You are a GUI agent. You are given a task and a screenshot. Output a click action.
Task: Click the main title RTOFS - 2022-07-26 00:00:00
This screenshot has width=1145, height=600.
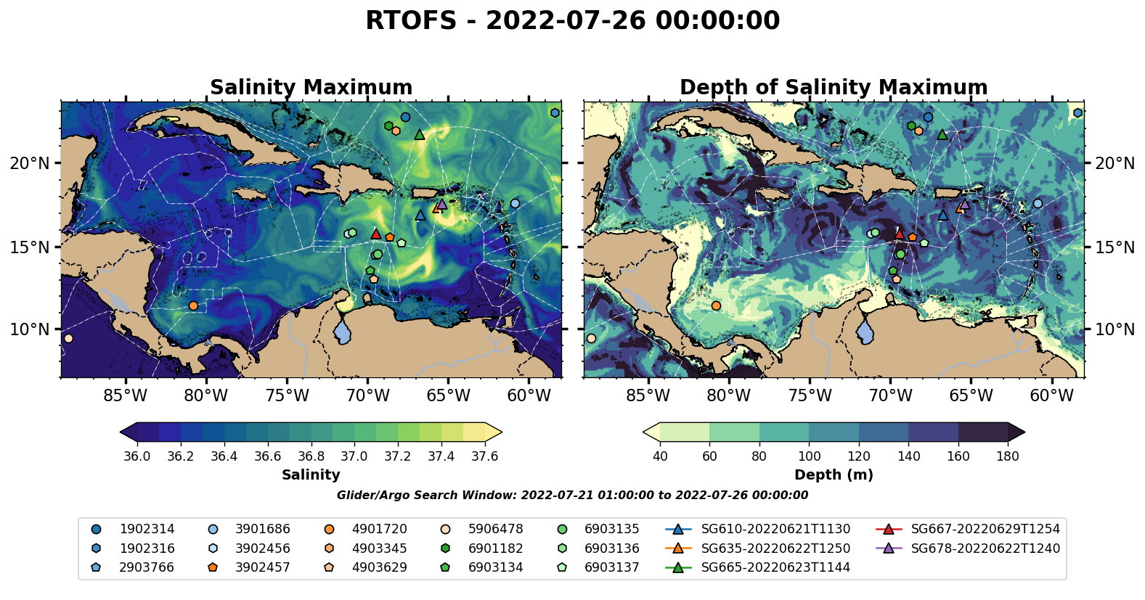(x=572, y=20)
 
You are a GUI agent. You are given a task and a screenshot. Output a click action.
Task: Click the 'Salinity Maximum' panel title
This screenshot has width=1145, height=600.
(x=311, y=88)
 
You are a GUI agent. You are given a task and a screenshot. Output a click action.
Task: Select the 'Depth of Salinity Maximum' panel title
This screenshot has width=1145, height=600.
(x=834, y=88)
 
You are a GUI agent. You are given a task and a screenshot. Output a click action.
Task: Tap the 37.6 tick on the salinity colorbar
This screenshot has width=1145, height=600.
(x=484, y=456)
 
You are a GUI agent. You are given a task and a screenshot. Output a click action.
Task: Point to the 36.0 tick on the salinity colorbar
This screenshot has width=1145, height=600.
(x=137, y=456)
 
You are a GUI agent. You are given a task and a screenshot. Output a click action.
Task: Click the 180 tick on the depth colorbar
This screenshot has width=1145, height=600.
(x=1008, y=456)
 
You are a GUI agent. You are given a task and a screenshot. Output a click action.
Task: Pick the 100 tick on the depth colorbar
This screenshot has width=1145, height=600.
(x=809, y=456)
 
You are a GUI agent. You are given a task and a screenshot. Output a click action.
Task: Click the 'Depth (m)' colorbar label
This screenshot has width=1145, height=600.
(x=834, y=475)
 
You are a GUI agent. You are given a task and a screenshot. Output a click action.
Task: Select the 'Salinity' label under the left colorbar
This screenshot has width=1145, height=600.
(x=311, y=475)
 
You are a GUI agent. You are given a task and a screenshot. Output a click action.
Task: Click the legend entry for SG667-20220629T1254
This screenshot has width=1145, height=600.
(x=985, y=530)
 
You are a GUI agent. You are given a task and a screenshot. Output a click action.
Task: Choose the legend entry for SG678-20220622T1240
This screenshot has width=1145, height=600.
(x=985, y=548)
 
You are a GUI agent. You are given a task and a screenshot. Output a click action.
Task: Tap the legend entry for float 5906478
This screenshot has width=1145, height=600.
(x=495, y=530)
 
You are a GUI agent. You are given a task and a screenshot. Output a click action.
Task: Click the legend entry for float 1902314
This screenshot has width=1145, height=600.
(x=147, y=530)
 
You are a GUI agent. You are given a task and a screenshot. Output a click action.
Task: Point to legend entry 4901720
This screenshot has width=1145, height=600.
(x=379, y=530)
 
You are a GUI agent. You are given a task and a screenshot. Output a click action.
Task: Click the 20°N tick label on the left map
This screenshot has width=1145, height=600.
(x=30, y=163)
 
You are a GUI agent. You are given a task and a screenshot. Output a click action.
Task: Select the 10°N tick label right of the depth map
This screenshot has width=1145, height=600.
(x=1115, y=330)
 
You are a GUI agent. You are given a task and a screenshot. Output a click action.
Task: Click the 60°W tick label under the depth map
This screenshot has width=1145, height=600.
(x=1051, y=396)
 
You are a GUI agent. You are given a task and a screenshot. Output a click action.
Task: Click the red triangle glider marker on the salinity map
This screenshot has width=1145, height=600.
(x=376, y=234)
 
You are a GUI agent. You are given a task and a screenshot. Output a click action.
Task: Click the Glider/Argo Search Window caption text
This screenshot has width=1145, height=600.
(x=572, y=496)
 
